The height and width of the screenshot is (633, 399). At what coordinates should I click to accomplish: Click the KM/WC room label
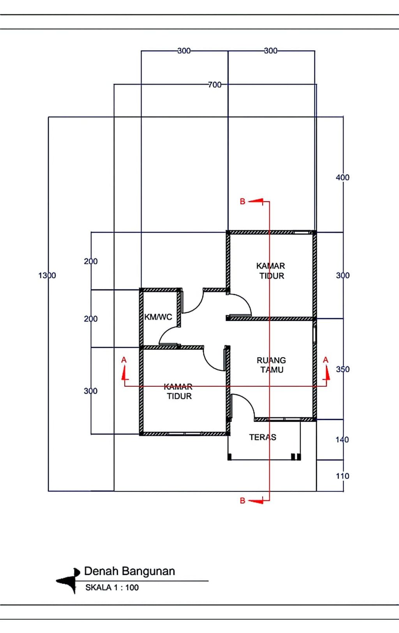pyautogui.click(x=158, y=317)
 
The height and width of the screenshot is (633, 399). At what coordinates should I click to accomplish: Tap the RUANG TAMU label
pyautogui.click(x=271, y=365)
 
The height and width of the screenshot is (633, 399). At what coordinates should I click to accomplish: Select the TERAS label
pyautogui.click(x=263, y=437)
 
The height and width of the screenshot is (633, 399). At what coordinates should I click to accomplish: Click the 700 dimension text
pyautogui.click(x=215, y=85)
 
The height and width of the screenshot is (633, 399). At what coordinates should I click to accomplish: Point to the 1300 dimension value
pyautogui.click(x=47, y=275)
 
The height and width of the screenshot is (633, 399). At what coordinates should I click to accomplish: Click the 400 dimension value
pyautogui.click(x=343, y=177)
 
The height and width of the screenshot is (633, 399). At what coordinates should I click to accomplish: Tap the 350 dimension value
pyautogui.click(x=343, y=369)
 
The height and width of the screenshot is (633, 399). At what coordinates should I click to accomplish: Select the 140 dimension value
pyautogui.click(x=343, y=440)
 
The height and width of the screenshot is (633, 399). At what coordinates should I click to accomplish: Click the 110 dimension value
pyautogui.click(x=343, y=476)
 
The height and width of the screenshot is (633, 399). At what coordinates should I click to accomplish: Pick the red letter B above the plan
pyautogui.click(x=242, y=202)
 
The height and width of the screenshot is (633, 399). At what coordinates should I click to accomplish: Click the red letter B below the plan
pyautogui.click(x=242, y=500)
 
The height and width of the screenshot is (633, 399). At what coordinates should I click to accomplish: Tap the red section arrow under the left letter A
pyautogui.click(x=124, y=373)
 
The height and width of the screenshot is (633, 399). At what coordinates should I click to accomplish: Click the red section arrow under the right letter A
pyautogui.click(x=327, y=373)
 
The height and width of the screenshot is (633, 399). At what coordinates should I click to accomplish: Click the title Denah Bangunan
pyautogui.click(x=130, y=571)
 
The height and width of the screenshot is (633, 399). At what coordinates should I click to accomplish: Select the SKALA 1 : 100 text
pyautogui.click(x=112, y=587)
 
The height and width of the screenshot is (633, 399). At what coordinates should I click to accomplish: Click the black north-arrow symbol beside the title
pyautogui.click(x=69, y=580)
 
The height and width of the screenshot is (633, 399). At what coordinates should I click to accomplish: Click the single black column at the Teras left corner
pyautogui.click(x=230, y=457)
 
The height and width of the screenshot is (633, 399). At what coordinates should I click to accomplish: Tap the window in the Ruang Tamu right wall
pyautogui.click(x=315, y=335)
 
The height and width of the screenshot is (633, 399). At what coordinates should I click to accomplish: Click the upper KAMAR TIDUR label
pyautogui.click(x=271, y=271)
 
